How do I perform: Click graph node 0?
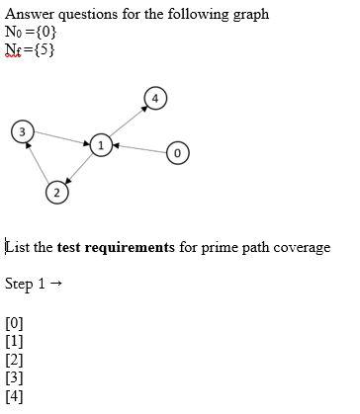pos(177,153)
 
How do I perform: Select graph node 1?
pos(100,144)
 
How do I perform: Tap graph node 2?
pos(58,192)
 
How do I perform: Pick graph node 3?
pos(23,130)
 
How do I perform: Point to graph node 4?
pos(154,97)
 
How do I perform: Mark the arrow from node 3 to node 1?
pos(61,137)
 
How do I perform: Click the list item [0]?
pos(15,322)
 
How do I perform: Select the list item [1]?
pos(15,341)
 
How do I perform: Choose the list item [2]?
pos(15,360)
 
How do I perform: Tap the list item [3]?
pos(15,378)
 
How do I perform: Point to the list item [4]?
pos(15,397)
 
